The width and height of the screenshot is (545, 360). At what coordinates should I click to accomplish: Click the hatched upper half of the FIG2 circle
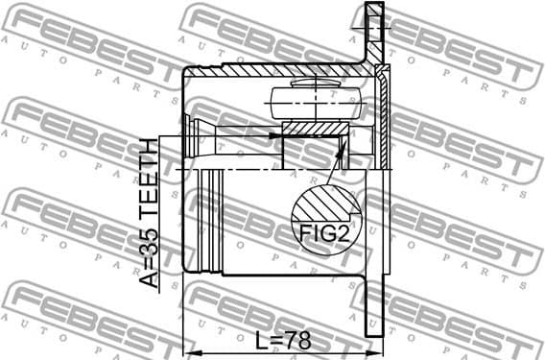tap(327, 204)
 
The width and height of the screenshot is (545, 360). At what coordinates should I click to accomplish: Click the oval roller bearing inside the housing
tap(316, 101)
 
